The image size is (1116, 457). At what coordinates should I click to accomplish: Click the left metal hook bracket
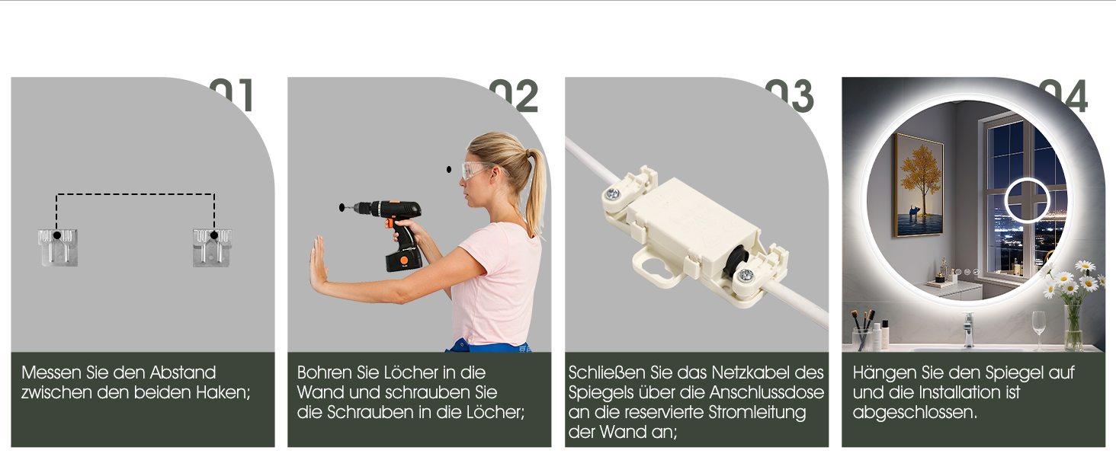point(58,248)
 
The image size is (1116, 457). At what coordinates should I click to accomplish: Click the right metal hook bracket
point(212,248)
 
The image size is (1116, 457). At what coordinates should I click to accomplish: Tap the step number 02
point(514,95)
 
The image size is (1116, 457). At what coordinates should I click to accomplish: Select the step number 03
point(790,95)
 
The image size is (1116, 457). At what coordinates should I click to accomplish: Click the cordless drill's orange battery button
point(404,260)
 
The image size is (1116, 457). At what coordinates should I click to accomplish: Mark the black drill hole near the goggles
point(449,170)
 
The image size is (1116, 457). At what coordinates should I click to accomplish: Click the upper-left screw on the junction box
point(612,193)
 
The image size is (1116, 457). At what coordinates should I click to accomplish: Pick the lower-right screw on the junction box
point(746,275)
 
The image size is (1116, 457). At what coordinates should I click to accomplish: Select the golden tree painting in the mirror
point(919,184)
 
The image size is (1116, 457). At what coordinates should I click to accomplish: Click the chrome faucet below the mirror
point(968,330)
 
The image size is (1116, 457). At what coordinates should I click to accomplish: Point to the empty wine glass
point(1039,329)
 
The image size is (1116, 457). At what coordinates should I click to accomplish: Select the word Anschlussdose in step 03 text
point(767,393)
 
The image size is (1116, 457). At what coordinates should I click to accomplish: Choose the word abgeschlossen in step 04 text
point(915,413)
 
